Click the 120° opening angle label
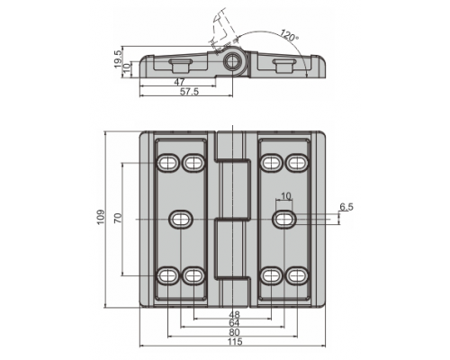[289, 35]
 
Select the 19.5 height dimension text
[118, 58]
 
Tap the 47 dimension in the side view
[179, 82]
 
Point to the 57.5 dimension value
[189, 92]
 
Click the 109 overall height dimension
[101, 217]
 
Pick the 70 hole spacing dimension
[118, 218]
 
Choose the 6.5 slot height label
[346, 207]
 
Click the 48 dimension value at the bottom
[234, 314]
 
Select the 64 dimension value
[234, 323]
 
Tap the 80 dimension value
[234, 332]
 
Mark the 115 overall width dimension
[235, 342]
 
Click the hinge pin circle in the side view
[232, 62]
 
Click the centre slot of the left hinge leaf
[181, 219]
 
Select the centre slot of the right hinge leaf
[284, 219]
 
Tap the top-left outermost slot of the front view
[167, 163]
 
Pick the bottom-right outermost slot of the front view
[297, 275]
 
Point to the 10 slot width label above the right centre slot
[285, 196]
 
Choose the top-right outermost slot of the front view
[297, 163]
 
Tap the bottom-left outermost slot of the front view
[167, 275]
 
